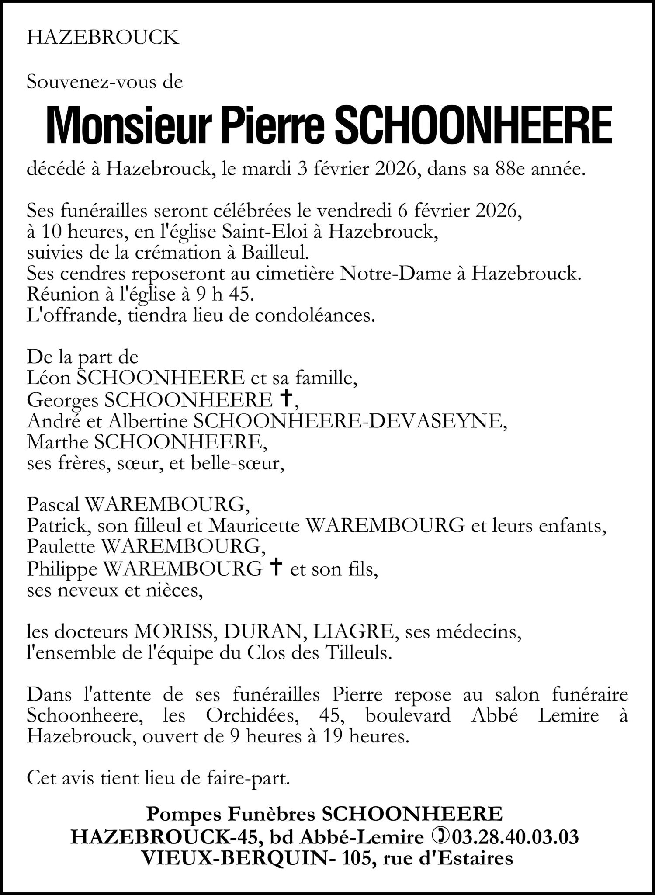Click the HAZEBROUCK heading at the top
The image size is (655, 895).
(103, 38)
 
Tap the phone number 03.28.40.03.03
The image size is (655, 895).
(516, 836)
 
